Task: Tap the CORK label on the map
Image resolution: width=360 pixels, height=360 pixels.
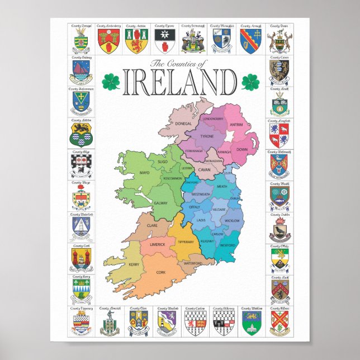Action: (161, 272)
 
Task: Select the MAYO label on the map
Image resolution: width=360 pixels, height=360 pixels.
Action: (145, 173)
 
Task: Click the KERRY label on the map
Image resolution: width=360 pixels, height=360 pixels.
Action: (134, 264)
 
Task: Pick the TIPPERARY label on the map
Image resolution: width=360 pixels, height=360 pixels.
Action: (185, 242)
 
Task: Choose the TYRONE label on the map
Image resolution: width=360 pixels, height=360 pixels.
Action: (207, 136)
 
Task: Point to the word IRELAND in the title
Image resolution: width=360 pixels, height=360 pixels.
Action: (179, 82)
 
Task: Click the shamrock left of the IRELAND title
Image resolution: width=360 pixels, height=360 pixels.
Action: (111, 82)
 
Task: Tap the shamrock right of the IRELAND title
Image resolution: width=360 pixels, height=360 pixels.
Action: (250, 82)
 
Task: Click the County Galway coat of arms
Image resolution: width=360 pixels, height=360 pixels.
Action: (82, 71)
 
